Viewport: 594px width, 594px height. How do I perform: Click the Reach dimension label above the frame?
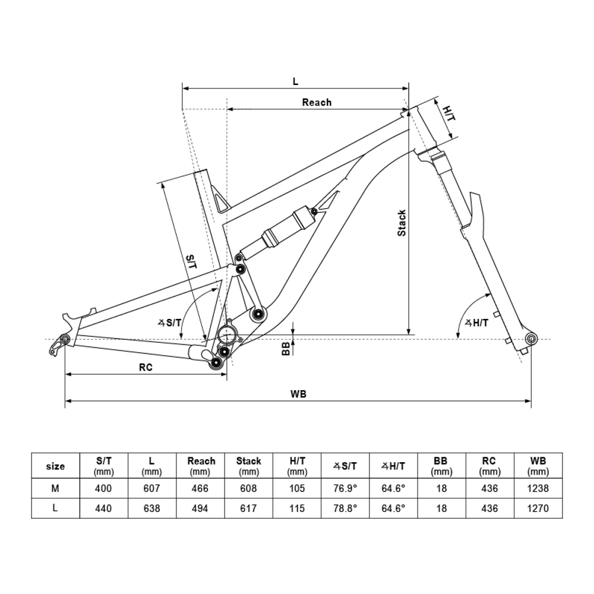[x=317, y=102]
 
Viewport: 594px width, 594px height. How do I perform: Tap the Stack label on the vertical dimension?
[x=402, y=223]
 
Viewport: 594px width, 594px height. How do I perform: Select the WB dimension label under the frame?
[x=299, y=393]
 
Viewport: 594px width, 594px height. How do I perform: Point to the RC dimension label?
[x=146, y=367]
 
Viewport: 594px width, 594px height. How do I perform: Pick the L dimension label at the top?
[x=296, y=81]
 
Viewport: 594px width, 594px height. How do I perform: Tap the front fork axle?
[x=530, y=339]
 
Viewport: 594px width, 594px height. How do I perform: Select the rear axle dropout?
[x=65, y=339]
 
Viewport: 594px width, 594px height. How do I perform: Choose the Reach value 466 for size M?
[x=201, y=488]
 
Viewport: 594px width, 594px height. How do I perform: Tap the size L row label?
[x=55, y=508]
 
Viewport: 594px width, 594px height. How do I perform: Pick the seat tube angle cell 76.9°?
[x=345, y=488]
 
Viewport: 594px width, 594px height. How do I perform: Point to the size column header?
[x=55, y=466]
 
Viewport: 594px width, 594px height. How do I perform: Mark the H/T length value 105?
[x=296, y=488]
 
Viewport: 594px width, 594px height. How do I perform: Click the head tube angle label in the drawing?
[x=476, y=323]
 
